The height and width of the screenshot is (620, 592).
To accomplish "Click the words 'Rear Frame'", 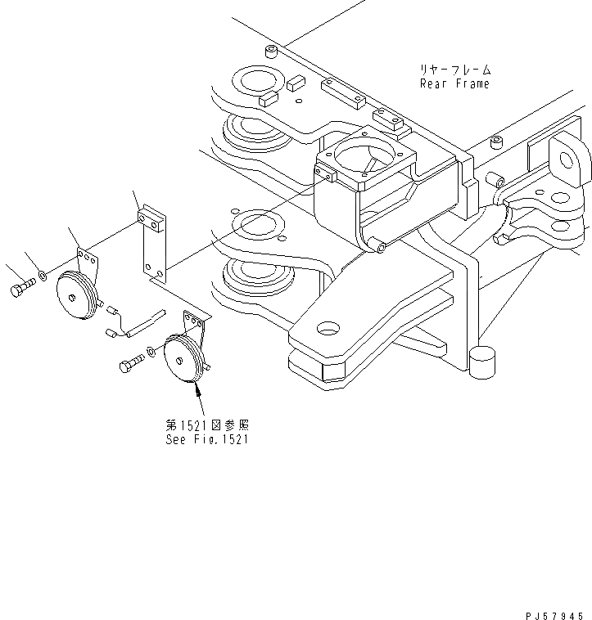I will coord(454,83).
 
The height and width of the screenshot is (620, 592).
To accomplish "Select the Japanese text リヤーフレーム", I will coord(454,70).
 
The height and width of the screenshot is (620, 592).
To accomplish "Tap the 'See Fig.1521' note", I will coord(206,439).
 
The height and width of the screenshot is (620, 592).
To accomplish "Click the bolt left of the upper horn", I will coord(21,289).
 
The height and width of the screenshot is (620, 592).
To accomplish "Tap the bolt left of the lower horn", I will coord(130,365).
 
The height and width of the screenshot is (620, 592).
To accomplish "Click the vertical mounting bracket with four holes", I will coord(152,245).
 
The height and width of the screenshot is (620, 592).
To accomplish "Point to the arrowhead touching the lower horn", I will coord(197,389).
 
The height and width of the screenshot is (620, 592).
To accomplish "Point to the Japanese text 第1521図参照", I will coord(206,425).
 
